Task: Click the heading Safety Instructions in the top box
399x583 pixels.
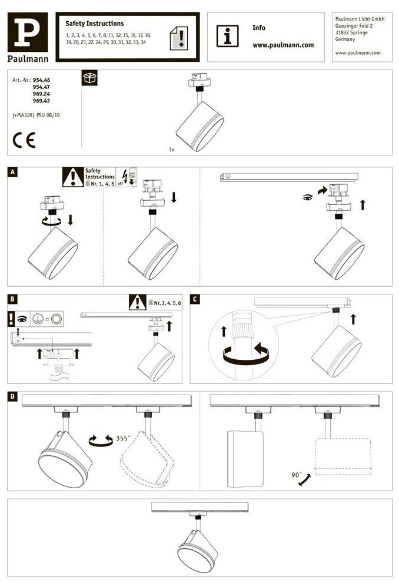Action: pyautogui.click(x=94, y=24)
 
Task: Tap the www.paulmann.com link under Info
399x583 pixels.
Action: pyautogui.click(x=282, y=45)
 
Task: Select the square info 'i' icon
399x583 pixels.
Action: pyautogui.click(x=228, y=36)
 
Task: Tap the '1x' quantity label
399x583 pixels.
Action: pyautogui.click(x=171, y=150)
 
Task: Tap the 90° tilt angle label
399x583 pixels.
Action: pyautogui.click(x=295, y=473)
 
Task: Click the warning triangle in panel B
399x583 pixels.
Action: pyautogui.click(x=137, y=303)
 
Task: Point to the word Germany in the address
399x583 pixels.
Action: pyautogui.click(x=345, y=39)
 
